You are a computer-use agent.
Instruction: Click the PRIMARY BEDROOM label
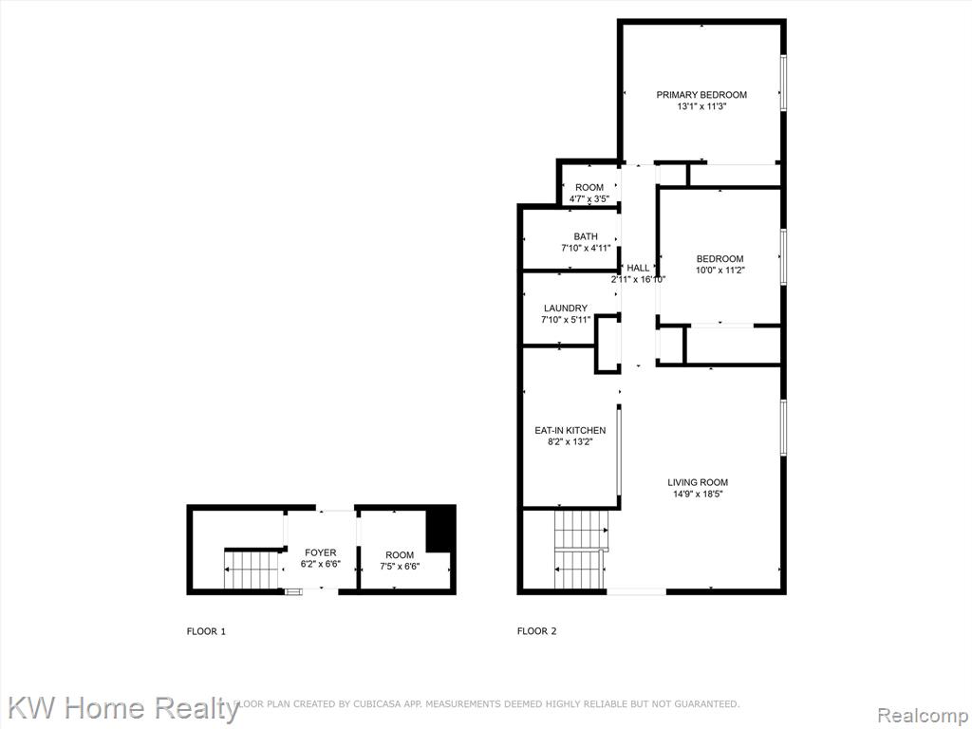point(701,95)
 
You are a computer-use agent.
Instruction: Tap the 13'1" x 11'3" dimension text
point(701,106)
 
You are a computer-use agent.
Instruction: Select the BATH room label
point(586,236)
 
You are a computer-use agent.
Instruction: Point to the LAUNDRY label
point(566,308)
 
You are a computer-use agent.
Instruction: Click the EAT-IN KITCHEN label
point(570,430)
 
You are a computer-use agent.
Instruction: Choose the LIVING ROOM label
point(698,482)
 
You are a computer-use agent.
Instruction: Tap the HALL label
point(638,268)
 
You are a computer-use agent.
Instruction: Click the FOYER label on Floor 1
point(321,553)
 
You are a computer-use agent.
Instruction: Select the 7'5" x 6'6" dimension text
point(400,566)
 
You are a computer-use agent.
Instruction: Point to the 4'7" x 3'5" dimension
point(589,199)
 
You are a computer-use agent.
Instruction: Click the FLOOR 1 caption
point(206,631)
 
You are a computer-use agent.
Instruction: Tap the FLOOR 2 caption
point(537,631)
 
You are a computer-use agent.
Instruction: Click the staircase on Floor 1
point(247,570)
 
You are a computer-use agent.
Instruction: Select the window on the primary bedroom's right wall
point(783,82)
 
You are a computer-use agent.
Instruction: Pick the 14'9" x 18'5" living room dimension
point(698,494)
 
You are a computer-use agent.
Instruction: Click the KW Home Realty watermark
point(123,708)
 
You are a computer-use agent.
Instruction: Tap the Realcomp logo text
point(923,716)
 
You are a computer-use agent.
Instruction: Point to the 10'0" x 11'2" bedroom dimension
point(720,271)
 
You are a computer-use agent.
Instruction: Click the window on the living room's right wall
point(783,428)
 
